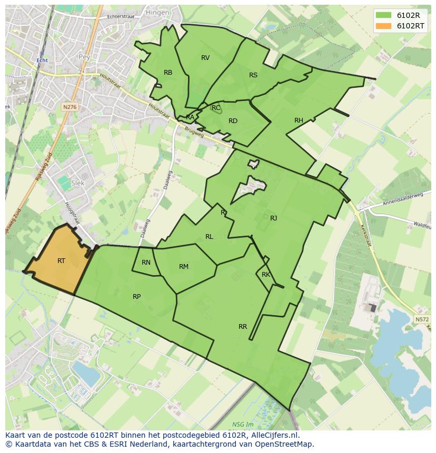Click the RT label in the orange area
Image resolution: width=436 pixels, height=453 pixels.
click(x=62, y=261)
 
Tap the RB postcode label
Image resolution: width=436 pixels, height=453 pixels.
click(x=168, y=73)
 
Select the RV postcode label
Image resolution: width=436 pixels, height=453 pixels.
click(x=205, y=58)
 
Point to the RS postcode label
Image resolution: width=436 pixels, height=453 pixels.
click(x=253, y=75)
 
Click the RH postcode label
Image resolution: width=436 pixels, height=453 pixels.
click(x=299, y=121)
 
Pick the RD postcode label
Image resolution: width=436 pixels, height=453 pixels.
click(x=233, y=121)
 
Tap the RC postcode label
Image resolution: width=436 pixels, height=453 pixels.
click(x=216, y=108)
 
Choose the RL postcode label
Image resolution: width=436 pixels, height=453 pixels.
click(x=209, y=237)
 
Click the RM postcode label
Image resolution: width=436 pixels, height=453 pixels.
click(x=184, y=267)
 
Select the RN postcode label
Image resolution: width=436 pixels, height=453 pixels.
click(x=146, y=263)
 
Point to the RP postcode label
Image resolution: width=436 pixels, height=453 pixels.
click(x=136, y=297)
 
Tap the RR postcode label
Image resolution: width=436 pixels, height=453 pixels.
click(x=243, y=327)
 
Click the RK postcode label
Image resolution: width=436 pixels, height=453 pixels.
click(x=266, y=275)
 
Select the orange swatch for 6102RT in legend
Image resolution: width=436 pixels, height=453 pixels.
click(x=384, y=26)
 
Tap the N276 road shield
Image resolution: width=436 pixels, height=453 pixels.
click(x=70, y=107)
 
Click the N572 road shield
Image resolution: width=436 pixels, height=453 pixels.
click(x=421, y=319)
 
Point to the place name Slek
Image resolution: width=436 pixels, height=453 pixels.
click(x=77, y=183)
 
